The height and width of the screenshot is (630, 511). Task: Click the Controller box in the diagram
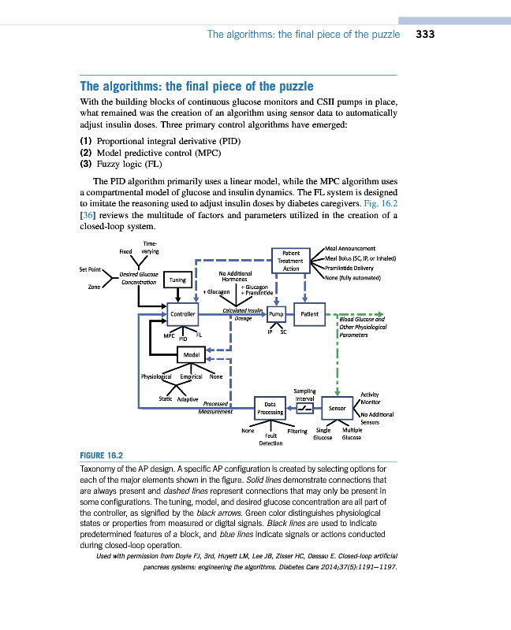click(182, 314)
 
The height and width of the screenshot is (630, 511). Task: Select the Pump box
click(276, 314)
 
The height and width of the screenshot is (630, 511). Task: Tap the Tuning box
click(177, 280)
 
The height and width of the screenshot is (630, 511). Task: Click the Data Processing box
click(270, 408)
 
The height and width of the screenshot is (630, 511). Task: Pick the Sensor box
click(337, 408)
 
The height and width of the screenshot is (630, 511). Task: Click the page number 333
click(425, 35)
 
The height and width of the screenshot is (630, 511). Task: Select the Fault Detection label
click(270, 439)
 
